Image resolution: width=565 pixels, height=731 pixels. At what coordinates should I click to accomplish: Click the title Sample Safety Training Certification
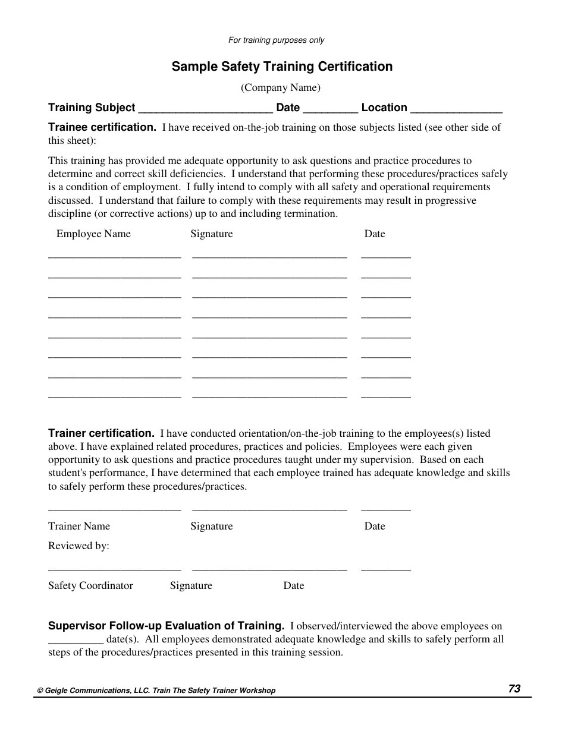282,67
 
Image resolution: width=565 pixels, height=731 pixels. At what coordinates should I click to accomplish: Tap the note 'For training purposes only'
276,40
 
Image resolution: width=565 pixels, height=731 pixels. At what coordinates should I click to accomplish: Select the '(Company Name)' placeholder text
280,88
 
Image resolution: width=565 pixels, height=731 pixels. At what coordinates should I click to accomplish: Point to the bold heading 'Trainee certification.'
102,127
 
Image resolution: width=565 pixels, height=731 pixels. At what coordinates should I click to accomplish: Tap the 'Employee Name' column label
93,234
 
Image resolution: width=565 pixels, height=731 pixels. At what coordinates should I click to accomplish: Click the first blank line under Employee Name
114,257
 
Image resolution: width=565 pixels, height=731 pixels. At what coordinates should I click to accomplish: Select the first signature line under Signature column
269,257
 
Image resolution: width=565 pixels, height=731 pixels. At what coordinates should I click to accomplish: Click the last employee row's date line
385,396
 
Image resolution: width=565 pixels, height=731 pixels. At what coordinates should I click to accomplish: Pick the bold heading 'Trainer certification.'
101,433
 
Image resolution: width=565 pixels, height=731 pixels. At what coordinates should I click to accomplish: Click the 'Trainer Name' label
79,526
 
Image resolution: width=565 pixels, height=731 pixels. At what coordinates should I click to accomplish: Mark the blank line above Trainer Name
114,510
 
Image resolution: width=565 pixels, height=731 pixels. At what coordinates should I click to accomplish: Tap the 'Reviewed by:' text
79,546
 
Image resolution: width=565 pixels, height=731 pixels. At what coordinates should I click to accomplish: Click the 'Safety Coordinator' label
90,585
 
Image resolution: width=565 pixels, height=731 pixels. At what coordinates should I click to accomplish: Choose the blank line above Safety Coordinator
114,569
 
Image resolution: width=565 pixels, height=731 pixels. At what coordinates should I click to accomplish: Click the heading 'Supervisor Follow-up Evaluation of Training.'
166,626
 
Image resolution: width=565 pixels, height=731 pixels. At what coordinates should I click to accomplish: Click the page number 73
514,689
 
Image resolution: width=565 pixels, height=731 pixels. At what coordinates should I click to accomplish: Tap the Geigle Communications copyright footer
156,691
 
